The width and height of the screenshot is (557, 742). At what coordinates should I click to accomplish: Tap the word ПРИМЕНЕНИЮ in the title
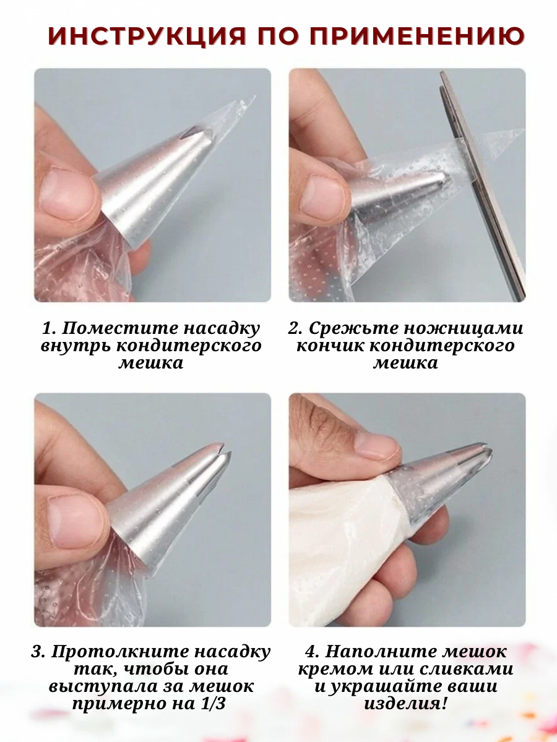[417, 35]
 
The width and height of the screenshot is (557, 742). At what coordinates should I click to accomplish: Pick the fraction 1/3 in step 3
[214, 704]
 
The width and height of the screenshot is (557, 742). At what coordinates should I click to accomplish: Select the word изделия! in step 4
[405, 704]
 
